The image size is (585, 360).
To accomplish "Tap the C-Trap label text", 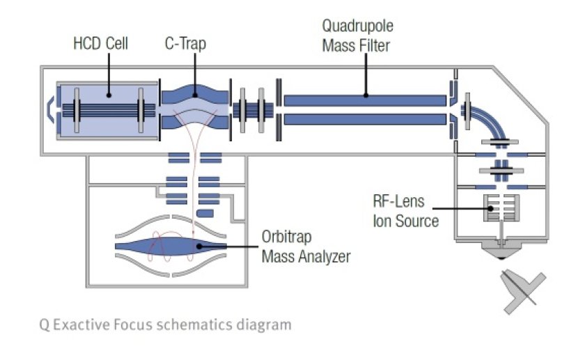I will pyautogui.click(x=185, y=44).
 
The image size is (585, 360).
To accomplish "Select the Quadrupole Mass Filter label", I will pyautogui.click(x=356, y=36).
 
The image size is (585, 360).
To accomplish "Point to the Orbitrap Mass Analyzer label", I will pyautogui.click(x=306, y=246).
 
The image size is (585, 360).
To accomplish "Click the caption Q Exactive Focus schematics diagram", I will pyautogui.click(x=165, y=324).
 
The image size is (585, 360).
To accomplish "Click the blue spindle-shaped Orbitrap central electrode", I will pyautogui.click(x=173, y=246).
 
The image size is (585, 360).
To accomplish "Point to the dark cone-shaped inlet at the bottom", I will pyautogui.click(x=501, y=252).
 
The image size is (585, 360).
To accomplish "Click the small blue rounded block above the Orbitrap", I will pyautogui.click(x=206, y=212).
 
